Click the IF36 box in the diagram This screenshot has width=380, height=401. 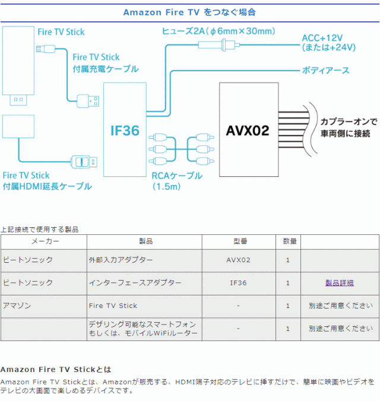coord(125,130)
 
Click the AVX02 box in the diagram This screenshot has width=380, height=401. coord(248,130)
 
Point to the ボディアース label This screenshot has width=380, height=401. coord(325,71)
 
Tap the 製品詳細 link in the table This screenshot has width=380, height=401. coord(340,283)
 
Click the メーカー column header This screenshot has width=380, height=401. coord(44,241)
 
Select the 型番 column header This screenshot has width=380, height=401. coord(239,241)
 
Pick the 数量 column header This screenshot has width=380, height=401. coord(288,241)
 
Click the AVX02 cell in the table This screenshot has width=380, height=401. coord(239,260)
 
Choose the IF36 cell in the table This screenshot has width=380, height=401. coord(239,283)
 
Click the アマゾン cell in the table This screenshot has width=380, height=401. coord(17,305)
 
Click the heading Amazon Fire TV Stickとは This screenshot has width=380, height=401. coord(56,369)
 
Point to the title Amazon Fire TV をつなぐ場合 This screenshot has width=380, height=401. coord(190,11)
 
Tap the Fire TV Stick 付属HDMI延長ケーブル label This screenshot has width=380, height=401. coord(47,181)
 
